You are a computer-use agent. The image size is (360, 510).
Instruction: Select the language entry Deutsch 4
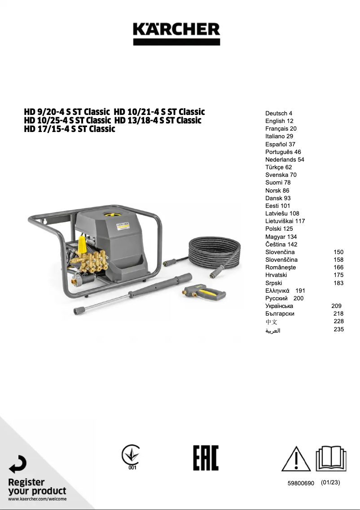pos(278,113)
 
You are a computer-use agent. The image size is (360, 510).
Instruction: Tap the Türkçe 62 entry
pos(278,167)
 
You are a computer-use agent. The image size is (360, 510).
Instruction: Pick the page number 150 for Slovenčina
pos(338,252)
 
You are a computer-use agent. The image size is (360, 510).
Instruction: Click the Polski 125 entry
pos(279,229)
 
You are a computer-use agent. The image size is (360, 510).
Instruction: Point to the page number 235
pos(339,329)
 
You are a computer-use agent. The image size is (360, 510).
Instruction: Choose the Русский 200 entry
pos(284,298)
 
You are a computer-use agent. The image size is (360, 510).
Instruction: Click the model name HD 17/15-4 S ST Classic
pos(70,129)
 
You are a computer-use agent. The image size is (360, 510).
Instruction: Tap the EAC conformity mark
pos(206,458)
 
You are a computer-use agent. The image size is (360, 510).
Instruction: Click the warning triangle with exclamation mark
pos(296,459)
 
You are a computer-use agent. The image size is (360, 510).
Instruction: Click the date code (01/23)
pos(331,483)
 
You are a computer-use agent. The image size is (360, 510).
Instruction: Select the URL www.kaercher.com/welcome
pos(37,499)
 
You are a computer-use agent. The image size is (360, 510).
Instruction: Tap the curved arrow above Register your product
pos(18,464)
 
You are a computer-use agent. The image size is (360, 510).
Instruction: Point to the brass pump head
pos(92,260)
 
